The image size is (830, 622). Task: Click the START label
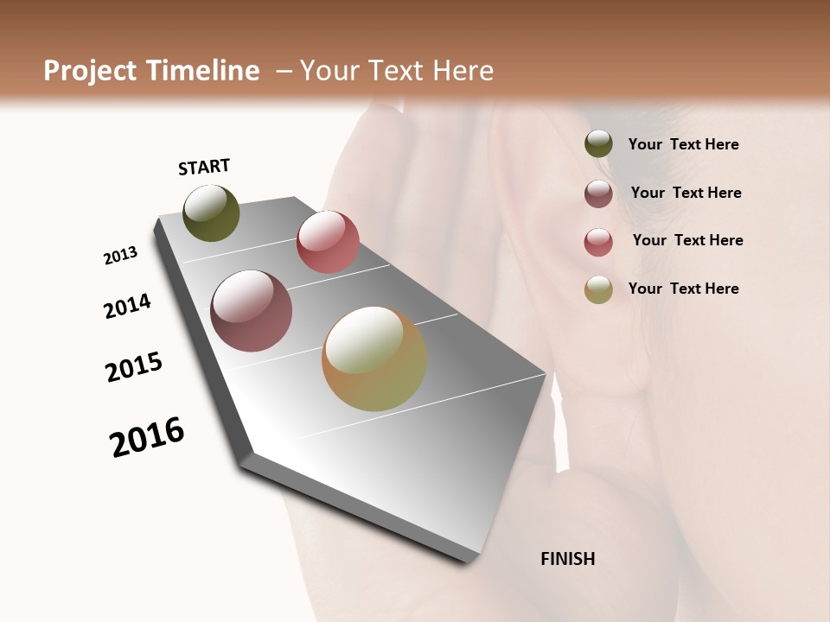(204, 167)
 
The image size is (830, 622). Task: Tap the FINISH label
(568, 559)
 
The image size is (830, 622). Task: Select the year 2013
(120, 256)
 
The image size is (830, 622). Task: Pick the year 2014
(127, 306)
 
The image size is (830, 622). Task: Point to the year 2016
(147, 437)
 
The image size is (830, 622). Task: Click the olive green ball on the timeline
(211, 213)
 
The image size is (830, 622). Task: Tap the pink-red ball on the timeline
(328, 242)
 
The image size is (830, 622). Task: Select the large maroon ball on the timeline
(251, 311)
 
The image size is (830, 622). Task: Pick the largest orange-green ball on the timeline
(374, 359)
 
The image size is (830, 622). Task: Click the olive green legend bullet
(598, 144)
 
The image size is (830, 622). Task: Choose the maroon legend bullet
(598, 194)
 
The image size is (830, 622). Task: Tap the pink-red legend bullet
(598, 242)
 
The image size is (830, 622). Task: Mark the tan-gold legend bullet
(598, 289)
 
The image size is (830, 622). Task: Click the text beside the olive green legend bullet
(683, 144)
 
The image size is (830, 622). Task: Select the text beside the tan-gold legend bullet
(683, 289)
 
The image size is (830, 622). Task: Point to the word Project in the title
(90, 71)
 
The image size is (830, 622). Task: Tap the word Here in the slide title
(463, 71)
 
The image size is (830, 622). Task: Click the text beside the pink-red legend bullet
(687, 240)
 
